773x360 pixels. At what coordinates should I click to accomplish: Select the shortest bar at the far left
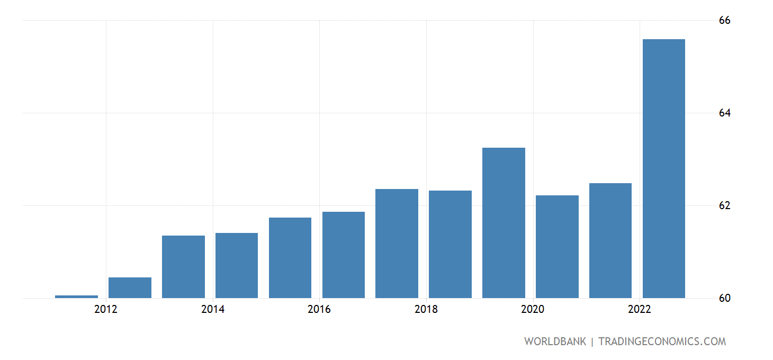tap(76, 296)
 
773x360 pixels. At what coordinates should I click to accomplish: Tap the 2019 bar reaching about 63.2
tap(504, 222)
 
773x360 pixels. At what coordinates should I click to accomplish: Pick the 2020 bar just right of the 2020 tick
tap(557, 246)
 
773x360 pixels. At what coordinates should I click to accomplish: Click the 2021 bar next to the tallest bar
tap(610, 240)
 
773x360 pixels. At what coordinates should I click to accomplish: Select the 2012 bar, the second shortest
tap(130, 287)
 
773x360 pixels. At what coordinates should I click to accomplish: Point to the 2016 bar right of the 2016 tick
tap(343, 255)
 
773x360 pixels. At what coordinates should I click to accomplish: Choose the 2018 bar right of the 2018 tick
tap(450, 244)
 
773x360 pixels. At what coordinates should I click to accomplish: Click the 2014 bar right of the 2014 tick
tap(237, 265)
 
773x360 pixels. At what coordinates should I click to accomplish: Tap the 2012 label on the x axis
tap(106, 309)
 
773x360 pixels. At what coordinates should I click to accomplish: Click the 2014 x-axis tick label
tap(213, 309)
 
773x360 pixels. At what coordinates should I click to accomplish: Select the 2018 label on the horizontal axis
tap(426, 309)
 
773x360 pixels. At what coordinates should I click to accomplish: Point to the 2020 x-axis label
tap(533, 309)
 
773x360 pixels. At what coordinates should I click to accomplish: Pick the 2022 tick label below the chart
tap(640, 309)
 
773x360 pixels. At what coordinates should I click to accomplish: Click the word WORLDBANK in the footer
tap(555, 341)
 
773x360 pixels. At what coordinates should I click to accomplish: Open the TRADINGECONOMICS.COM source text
tap(662, 341)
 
